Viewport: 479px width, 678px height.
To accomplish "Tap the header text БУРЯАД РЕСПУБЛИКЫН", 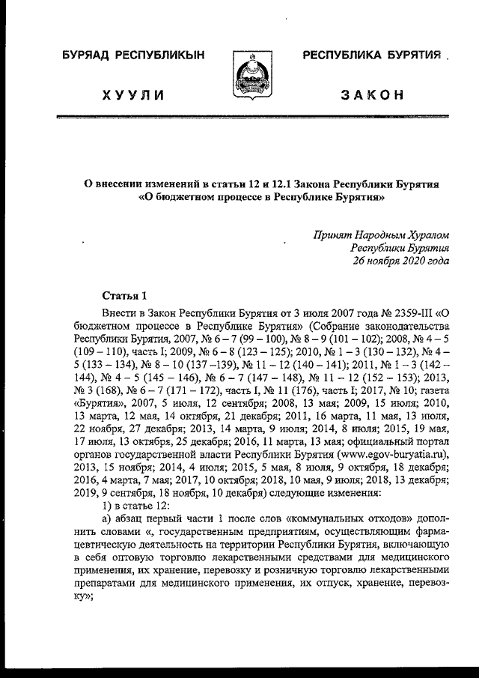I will pos(132,56).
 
